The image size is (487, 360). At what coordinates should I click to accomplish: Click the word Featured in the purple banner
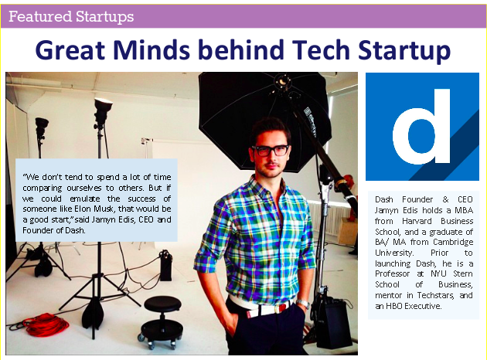(40, 16)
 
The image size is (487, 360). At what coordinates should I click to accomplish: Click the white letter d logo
(421, 126)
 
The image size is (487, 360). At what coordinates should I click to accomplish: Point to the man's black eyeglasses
(271, 151)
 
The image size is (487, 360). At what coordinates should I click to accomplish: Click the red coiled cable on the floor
(46, 324)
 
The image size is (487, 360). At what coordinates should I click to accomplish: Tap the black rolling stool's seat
(162, 303)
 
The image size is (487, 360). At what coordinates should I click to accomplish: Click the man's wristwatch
(302, 303)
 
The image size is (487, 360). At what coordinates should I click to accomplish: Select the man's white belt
(261, 307)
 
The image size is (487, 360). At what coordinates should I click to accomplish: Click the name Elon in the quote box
(82, 209)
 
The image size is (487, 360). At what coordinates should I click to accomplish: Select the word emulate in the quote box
(85, 199)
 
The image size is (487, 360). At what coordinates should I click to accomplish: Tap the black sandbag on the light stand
(93, 313)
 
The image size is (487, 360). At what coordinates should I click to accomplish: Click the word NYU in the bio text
(438, 273)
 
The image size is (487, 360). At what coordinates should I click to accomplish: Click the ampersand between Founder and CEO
(446, 199)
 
